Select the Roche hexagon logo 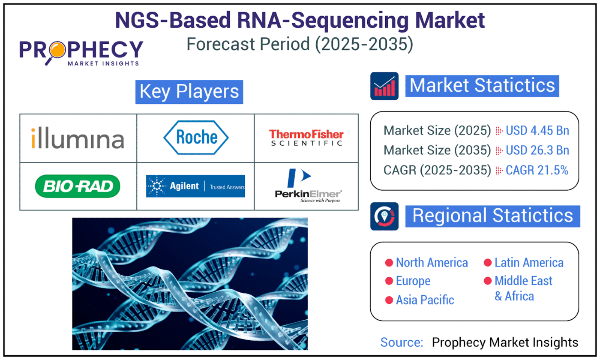(196, 138)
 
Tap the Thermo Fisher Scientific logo (306, 138)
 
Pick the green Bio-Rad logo (78, 186)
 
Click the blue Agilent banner (195, 186)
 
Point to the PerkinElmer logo (308, 186)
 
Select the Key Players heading (189, 92)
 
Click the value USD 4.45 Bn (537, 131)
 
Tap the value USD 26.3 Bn (537, 150)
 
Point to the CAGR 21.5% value (537, 170)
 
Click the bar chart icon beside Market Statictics (384, 86)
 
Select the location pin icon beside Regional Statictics (384, 216)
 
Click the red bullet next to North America (389, 263)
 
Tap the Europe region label (413, 281)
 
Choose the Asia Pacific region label (425, 300)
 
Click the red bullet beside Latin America (488, 263)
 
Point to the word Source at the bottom (402, 342)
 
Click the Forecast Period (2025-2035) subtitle (300, 44)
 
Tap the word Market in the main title (450, 20)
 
